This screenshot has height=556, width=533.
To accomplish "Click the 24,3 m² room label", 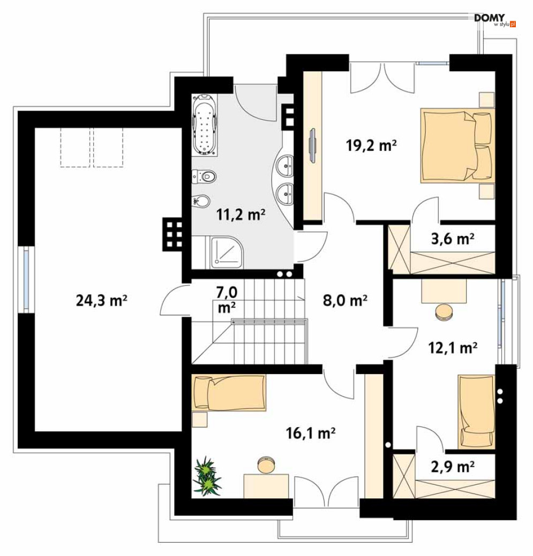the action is [101, 300].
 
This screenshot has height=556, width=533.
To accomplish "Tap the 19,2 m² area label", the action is [371, 145].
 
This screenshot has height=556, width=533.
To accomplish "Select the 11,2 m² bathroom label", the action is [241, 214].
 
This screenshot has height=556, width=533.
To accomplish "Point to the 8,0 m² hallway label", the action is [345, 300].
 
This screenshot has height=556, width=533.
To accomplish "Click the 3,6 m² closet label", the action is [453, 239].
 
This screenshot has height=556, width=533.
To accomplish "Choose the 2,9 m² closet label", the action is [453, 467].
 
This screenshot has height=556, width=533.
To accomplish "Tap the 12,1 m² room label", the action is [453, 348].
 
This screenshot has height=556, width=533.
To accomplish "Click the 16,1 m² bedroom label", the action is [311, 433].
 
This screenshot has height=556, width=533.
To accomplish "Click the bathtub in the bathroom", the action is [205, 125].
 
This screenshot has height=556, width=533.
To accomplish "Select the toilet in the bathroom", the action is [204, 176].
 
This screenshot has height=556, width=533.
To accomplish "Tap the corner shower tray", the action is [227, 252].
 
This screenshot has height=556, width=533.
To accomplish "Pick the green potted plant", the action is [207, 476].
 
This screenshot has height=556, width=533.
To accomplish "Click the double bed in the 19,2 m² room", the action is [457, 146].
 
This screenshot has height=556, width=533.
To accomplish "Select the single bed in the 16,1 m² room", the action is [229, 393].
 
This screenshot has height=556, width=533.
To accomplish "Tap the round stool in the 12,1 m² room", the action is [444, 312].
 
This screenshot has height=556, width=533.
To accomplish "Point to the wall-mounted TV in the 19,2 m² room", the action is [312, 146].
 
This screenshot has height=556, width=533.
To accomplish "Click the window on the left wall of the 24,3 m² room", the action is [26, 279].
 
